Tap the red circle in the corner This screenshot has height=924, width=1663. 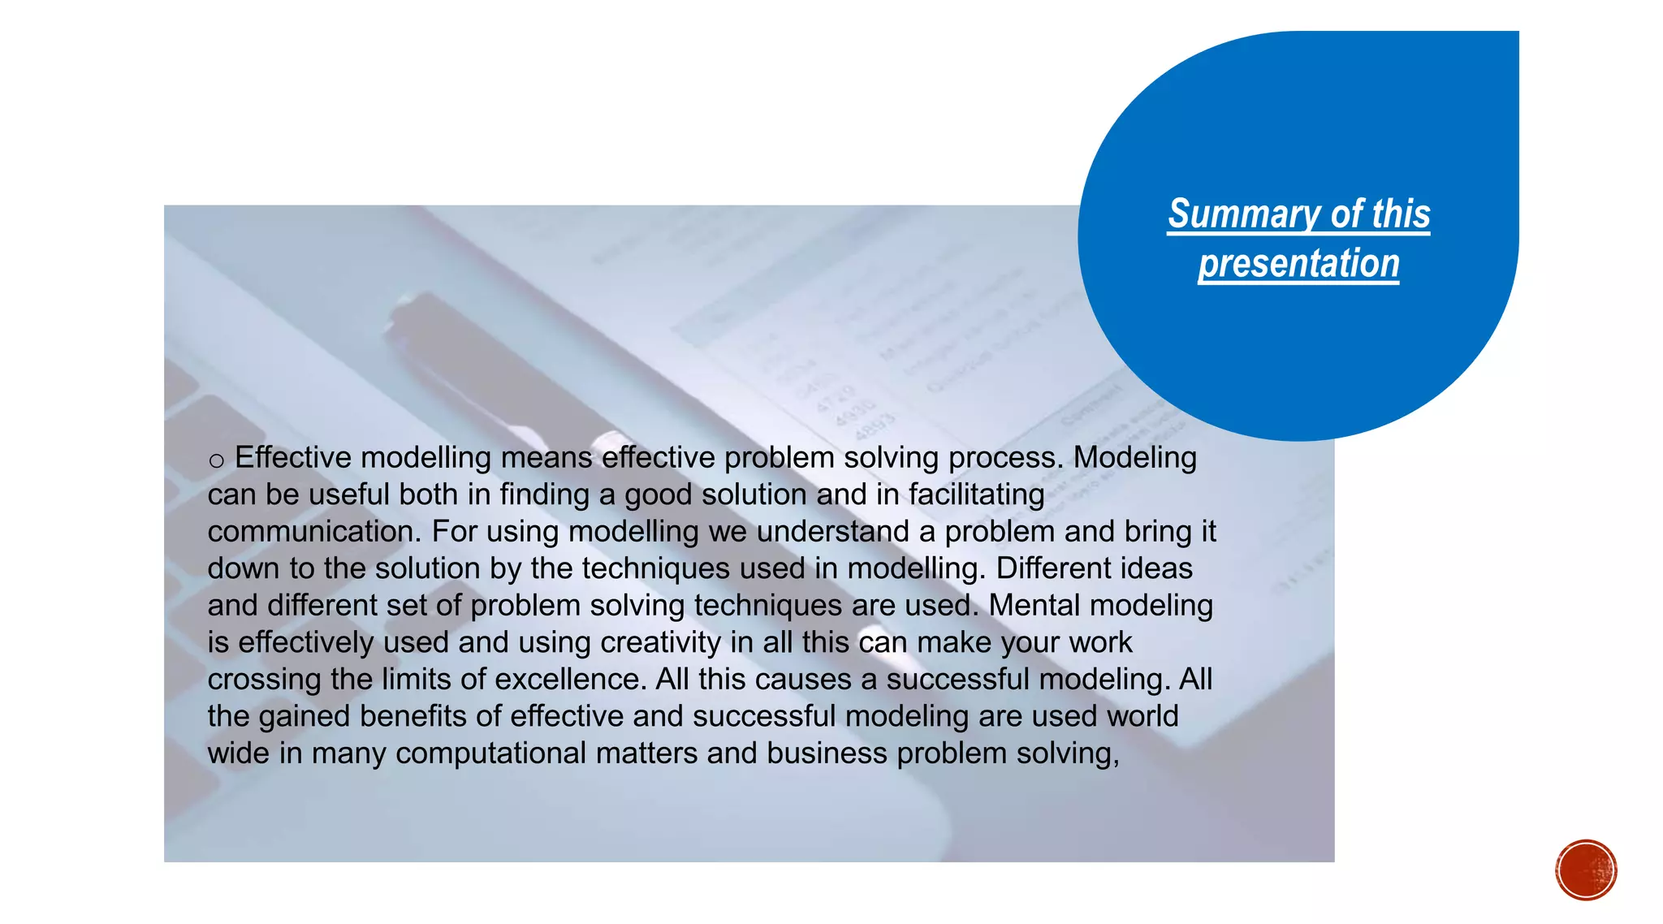coord(1586,870)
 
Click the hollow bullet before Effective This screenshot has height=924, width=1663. coord(216,461)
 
